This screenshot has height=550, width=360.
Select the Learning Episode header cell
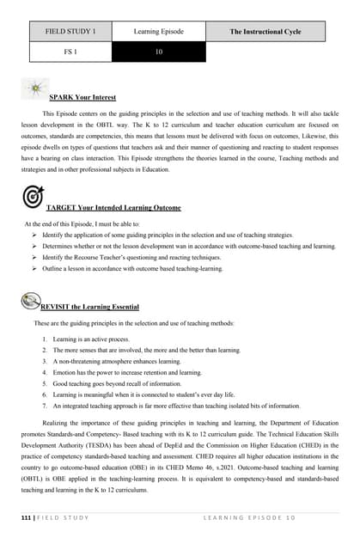coord(159,32)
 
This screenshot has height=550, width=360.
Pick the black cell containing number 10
coord(159,52)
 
